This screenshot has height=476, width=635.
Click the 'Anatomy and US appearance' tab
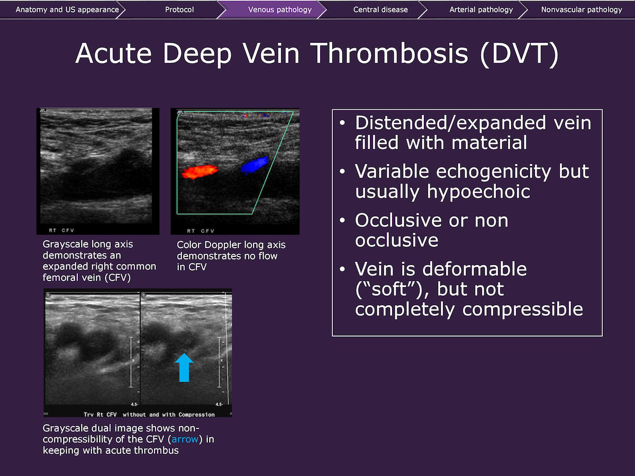[67, 10]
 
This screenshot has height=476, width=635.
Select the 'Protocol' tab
[179, 10]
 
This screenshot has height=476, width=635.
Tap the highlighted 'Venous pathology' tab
[280, 10]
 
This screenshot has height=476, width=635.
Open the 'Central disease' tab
[380, 10]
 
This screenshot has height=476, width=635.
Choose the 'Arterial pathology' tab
[481, 10]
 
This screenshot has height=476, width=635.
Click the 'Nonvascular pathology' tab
[582, 10]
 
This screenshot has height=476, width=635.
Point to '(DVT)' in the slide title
[519, 53]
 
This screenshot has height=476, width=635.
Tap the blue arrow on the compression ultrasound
[184, 368]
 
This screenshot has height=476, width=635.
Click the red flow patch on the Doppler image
[199, 172]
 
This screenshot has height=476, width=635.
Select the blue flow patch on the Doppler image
[255, 165]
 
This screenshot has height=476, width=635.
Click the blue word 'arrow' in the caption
[185, 440]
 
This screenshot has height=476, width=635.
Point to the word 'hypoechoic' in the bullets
[478, 192]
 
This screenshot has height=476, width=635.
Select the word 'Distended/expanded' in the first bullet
[450, 123]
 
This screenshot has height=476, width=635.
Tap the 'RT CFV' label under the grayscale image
[61, 231]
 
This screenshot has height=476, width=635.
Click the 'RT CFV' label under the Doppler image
[201, 231]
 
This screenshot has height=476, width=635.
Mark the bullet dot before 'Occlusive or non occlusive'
[342, 221]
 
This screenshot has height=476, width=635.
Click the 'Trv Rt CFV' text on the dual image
[100, 415]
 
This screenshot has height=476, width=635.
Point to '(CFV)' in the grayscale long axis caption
[118, 278]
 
